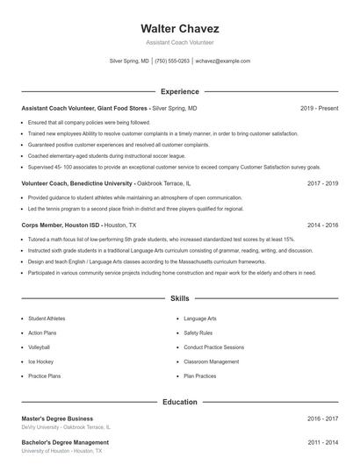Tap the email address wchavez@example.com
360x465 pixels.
[x=223, y=61]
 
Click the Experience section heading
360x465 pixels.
[x=179, y=91]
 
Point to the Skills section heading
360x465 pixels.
[x=179, y=299]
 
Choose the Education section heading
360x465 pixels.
[x=179, y=402]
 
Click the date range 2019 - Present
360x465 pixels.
[x=319, y=108]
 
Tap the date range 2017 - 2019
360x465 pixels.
[x=323, y=183]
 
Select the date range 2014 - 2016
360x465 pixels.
[x=323, y=225]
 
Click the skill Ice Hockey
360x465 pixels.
[x=40, y=361]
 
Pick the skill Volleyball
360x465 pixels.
[x=40, y=347]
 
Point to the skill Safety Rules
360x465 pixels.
[x=198, y=333]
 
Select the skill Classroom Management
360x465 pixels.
[x=211, y=361]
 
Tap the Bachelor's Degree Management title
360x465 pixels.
[x=65, y=442]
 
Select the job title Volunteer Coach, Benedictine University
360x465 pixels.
[x=77, y=183]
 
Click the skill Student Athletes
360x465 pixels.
[x=47, y=318]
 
